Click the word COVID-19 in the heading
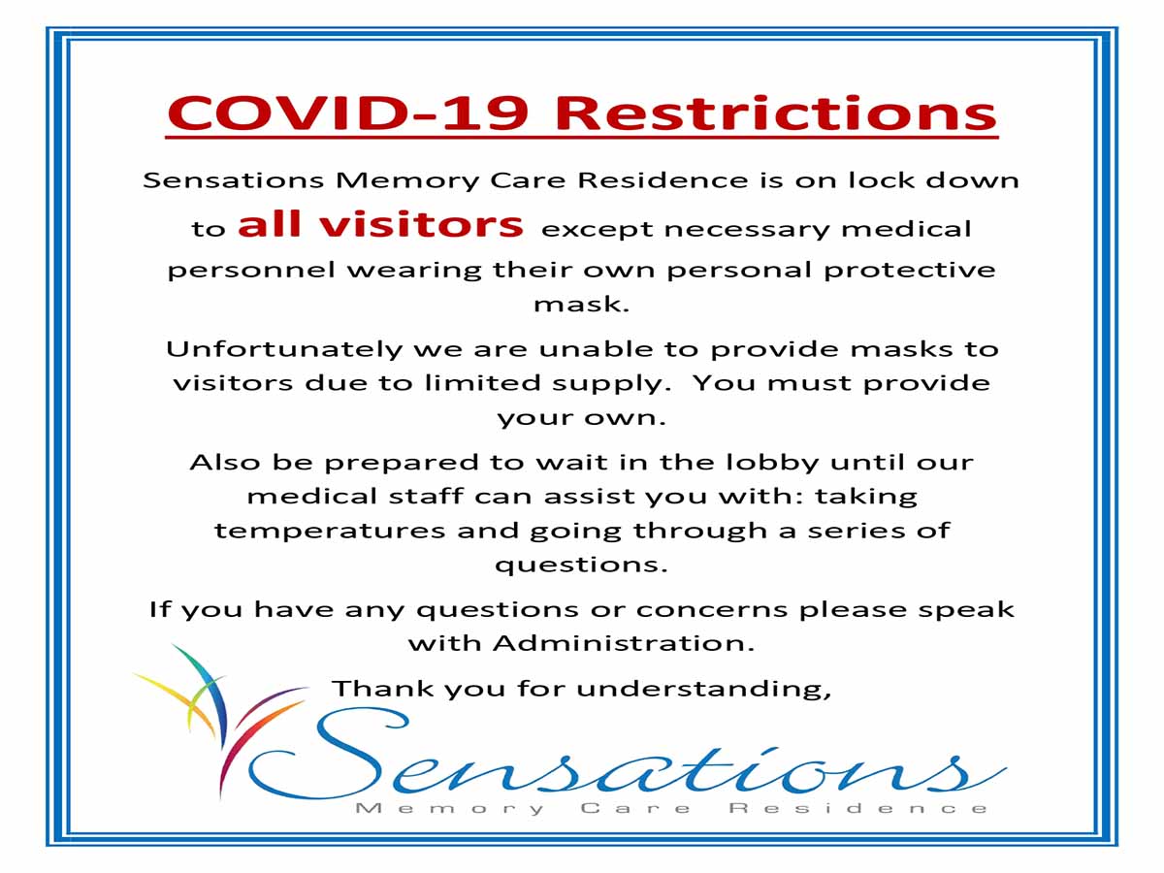(348, 113)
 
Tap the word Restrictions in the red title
(776, 113)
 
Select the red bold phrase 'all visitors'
(381, 224)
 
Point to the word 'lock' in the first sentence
(881, 180)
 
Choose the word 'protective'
(910, 272)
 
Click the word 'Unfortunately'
(284, 350)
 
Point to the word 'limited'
(482, 383)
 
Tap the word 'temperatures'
(329, 532)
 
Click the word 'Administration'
(623, 643)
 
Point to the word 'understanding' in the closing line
(703, 690)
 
